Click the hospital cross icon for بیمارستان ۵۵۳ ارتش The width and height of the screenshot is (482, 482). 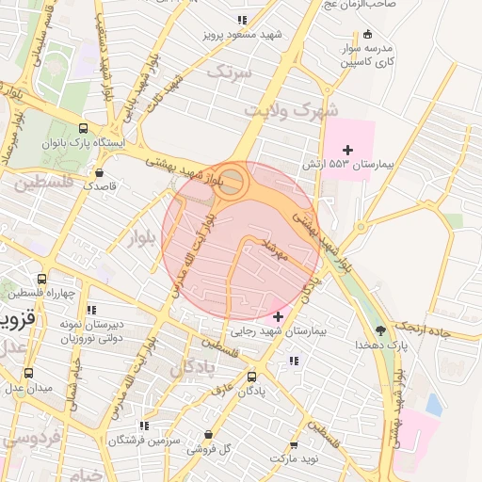(348, 150)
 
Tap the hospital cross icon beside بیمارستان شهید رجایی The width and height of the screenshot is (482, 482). (277, 316)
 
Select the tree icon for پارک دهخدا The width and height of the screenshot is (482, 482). (380, 330)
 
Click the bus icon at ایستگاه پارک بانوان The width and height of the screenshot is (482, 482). (84, 129)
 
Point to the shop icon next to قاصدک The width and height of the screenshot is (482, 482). (100, 172)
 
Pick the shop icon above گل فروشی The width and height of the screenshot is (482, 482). (209, 435)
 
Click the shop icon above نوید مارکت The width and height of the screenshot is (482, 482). (294, 444)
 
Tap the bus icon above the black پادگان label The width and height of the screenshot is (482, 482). (250, 375)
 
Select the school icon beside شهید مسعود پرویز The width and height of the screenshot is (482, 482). (242, 20)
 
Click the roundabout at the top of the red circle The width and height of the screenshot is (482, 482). (232, 182)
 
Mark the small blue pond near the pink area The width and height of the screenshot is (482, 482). (433, 404)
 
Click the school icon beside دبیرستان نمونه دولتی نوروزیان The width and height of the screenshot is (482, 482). (91, 310)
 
